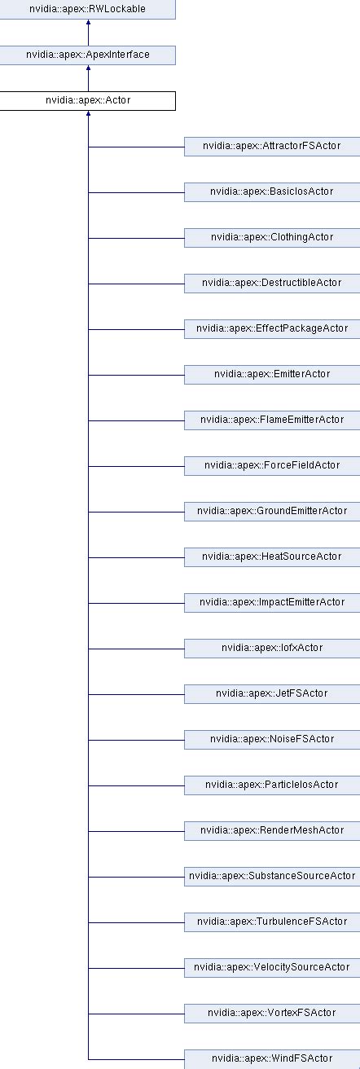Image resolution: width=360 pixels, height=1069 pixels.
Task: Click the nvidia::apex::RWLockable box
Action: (87, 10)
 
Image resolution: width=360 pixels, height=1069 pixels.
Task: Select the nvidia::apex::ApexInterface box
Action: (87, 55)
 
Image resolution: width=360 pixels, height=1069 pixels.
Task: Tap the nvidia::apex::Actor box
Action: (87, 101)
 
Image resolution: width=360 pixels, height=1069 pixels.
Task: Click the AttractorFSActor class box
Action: (272, 147)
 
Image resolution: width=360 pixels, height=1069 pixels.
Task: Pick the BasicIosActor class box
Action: (272, 192)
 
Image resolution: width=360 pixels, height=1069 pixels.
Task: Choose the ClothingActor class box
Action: (272, 238)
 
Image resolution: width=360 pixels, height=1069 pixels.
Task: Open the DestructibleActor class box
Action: (272, 284)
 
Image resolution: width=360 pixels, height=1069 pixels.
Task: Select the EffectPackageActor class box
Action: (272, 329)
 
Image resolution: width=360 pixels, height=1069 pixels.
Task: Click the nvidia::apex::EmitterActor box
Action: (272, 375)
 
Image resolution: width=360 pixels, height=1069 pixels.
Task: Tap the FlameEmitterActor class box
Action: (272, 420)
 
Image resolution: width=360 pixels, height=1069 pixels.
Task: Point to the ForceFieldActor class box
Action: (272, 466)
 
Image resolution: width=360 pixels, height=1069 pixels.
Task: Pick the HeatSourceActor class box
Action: (272, 557)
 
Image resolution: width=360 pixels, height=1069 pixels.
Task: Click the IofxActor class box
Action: (272, 649)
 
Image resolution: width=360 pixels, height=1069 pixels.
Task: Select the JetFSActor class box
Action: (272, 694)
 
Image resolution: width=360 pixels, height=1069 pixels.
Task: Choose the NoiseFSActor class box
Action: (272, 740)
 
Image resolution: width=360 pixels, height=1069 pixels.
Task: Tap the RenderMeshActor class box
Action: (272, 831)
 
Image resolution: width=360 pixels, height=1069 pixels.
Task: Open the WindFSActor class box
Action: (272, 1059)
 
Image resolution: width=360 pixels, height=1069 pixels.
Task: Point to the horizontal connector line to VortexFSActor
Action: (136, 1014)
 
